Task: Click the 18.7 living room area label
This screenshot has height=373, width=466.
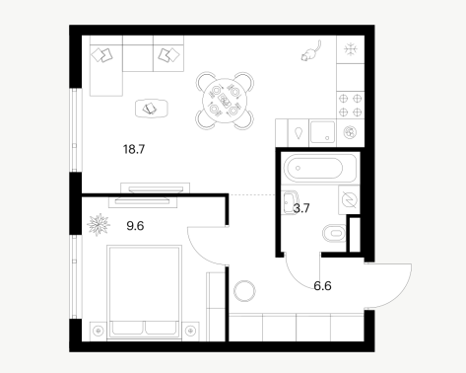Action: (x=134, y=149)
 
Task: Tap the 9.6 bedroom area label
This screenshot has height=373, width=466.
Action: (x=135, y=226)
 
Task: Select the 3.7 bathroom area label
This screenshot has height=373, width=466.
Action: (x=301, y=208)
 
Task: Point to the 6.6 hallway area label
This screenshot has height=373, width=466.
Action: (x=322, y=286)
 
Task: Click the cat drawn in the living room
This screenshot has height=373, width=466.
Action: (x=310, y=51)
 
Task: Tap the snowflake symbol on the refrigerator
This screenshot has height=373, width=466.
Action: (x=351, y=49)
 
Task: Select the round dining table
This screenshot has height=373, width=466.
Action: (x=225, y=101)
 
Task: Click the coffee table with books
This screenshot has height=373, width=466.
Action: (x=152, y=109)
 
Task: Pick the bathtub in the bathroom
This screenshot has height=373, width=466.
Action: (x=319, y=168)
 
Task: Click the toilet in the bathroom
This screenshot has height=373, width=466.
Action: (x=334, y=233)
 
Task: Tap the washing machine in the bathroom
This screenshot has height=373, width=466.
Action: (x=349, y=199)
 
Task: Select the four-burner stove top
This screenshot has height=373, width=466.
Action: (x=351, y=106)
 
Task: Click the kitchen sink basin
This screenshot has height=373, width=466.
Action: (x=322, y=132)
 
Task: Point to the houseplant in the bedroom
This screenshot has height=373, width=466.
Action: (x=99, y=225)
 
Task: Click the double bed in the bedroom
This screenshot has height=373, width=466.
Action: (x=145, y=291)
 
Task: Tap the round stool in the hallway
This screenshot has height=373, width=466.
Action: (x=244, y=291)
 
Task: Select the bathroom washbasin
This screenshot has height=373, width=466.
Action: (x=290, y=202)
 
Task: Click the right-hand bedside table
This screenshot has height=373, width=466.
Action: (x=191, y=331)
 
